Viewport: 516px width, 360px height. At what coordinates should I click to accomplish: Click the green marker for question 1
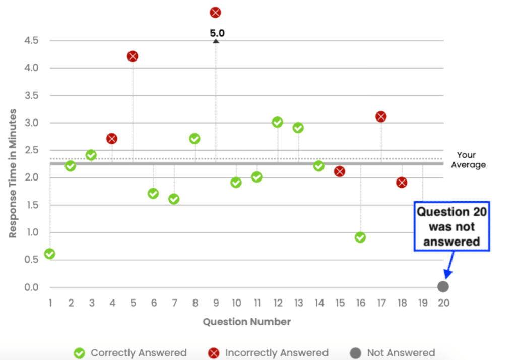pos(49,254)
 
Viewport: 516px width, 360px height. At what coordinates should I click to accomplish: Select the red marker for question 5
pos(133,56)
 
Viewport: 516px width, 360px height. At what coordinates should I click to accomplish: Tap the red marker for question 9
pos(215,12)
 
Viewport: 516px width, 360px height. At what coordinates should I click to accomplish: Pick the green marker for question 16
pos(360,237)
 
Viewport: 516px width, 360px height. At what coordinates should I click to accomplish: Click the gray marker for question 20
pos(443,287)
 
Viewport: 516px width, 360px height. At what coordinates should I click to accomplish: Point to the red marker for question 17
pos(381,116)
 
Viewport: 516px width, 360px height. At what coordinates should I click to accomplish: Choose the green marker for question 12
pos(277,122)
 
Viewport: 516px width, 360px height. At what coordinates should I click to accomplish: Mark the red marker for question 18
pos(402,182)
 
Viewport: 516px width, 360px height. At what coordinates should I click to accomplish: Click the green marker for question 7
pos(174,199)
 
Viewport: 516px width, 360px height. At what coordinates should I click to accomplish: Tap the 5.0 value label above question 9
pos(217,34)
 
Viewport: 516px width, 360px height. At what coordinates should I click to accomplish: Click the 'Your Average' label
pos(468,160)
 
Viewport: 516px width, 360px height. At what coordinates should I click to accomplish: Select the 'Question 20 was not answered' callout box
pos(451,226)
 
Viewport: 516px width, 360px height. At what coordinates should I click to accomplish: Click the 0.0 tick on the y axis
pos(31,287)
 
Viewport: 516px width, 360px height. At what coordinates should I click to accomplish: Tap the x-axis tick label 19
pos(422,303)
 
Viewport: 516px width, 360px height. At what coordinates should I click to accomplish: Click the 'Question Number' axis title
pos(246,322)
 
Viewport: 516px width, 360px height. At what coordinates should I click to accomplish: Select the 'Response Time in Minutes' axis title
pos(13,173)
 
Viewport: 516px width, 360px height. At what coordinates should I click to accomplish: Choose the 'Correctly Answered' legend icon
pos(80,353)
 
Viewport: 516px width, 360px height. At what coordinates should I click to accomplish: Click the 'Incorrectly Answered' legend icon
pos(214,353)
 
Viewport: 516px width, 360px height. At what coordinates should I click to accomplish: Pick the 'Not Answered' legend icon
pos(356,353)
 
